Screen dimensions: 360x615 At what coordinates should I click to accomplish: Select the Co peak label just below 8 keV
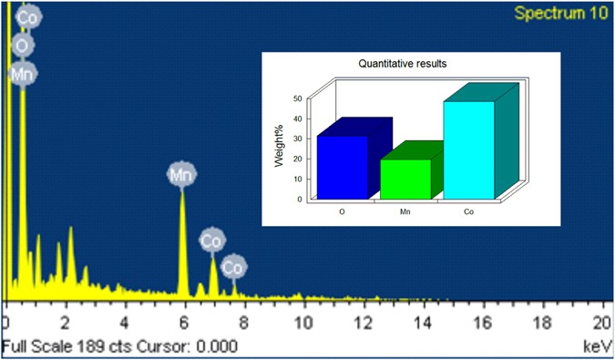(x=234, y=267)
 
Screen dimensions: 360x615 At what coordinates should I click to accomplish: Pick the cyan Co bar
(x=468, y=149)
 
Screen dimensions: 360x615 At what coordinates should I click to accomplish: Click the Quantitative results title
(x=394, y=64)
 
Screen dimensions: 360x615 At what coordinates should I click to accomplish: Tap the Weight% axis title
(x=282, y=150)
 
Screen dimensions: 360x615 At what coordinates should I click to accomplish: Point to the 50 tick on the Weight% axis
(x=296, y=98)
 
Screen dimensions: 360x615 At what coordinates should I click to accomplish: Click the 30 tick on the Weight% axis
(x=296, y=139)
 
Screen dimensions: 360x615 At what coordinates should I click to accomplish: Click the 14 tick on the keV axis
(x=422, y=324)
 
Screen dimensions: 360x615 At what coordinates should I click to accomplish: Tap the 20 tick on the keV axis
(x=601, y=324)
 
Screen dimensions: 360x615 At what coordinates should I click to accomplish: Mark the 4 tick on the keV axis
(x=124, y=324)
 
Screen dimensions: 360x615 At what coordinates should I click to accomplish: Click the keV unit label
(x=597, y=346)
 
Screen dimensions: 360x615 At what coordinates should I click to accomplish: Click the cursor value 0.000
(x=218, y=346)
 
